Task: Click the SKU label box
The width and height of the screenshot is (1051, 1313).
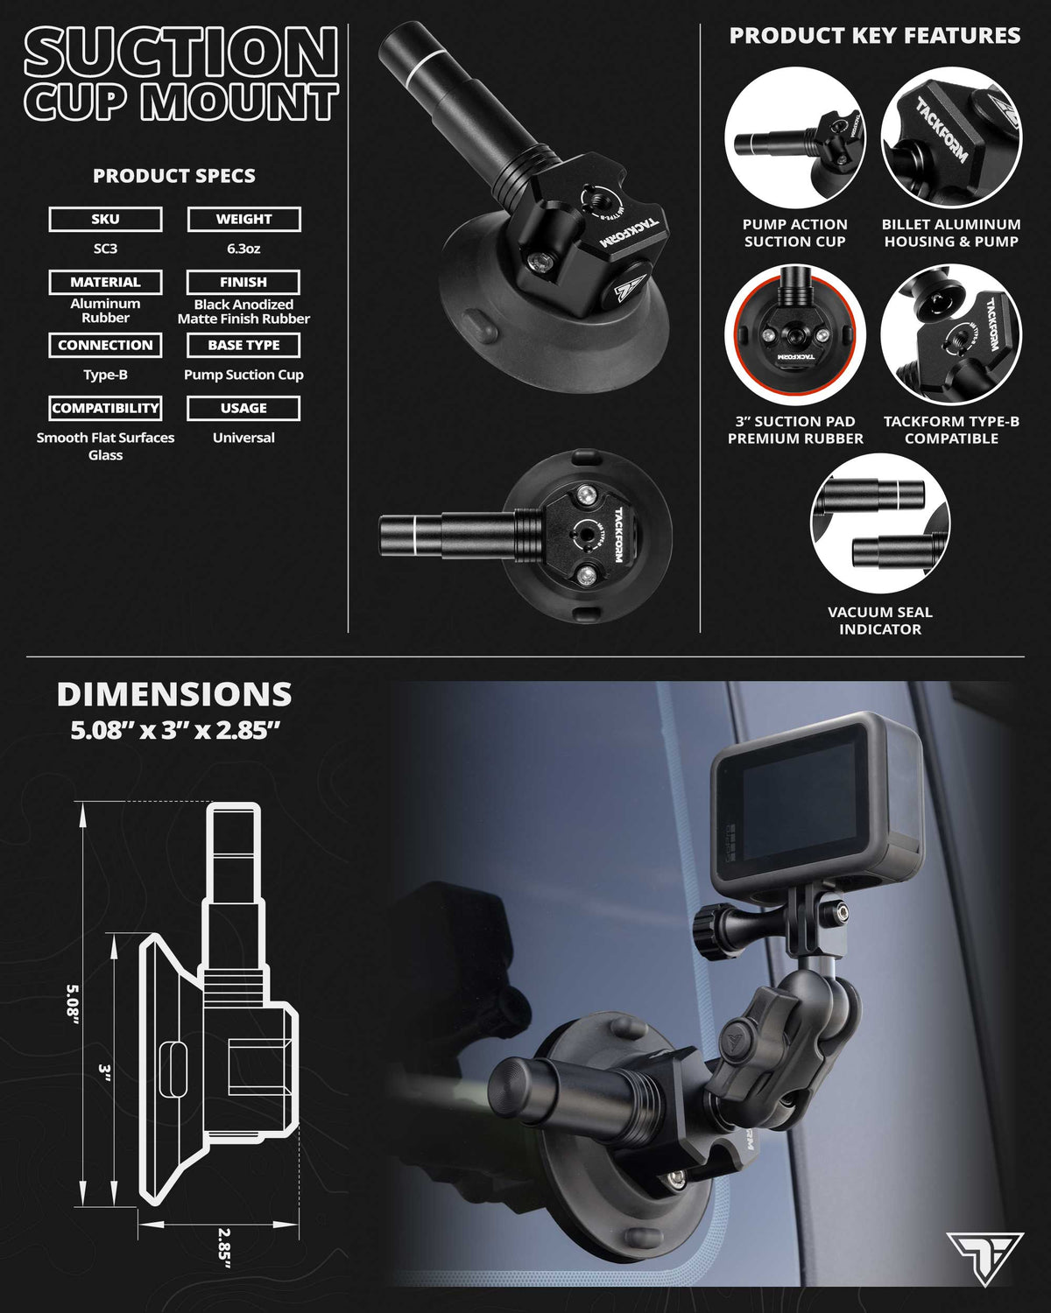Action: (x=105, y=219)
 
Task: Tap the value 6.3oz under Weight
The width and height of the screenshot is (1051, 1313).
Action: (x=243, y=249)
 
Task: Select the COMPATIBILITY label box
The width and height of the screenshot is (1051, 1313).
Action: (x=105, y=408)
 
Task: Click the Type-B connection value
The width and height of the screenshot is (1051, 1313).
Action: (x=105, y=375)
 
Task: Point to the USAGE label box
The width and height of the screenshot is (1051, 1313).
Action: (x=243, y=408)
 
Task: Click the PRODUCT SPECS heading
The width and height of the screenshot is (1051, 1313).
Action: (x=174, y=176)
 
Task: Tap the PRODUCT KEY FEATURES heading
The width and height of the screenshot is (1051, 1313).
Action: (x=874, y=35)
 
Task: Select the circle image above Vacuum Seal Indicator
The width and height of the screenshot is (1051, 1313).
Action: (x=880, y=524)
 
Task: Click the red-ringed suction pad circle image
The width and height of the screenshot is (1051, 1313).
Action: (x=795, y=334)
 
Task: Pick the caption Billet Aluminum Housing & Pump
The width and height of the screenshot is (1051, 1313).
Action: (x=951, y=233)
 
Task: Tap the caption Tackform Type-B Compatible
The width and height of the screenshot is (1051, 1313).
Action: (x=951, y=430)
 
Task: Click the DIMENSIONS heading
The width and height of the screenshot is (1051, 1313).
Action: (x=174, y=694)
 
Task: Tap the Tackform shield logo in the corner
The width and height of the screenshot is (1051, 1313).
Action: (x=984, y=1258)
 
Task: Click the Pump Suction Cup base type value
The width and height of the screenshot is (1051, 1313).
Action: (x=243, y=375)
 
